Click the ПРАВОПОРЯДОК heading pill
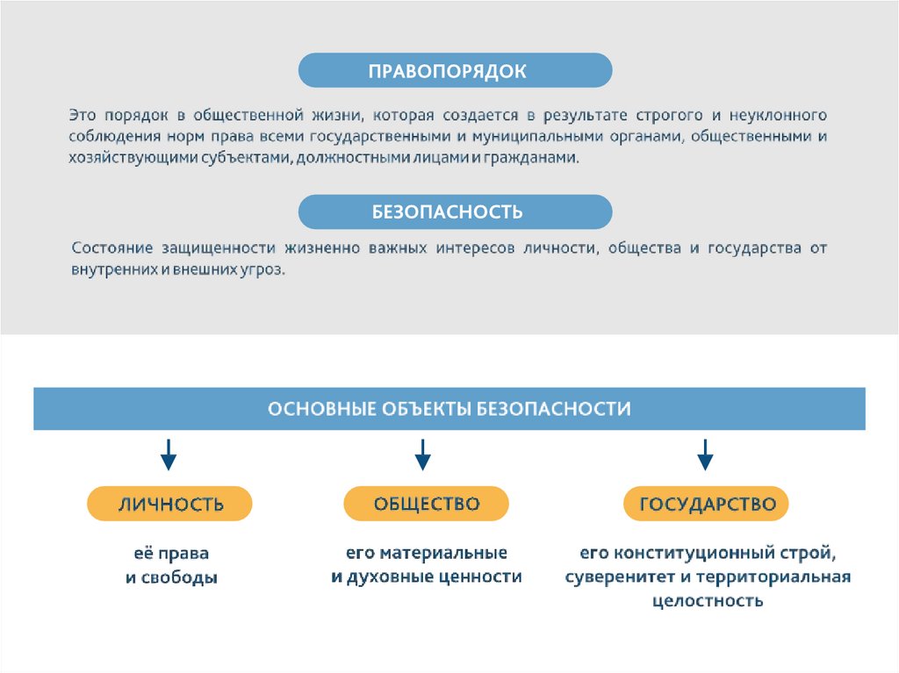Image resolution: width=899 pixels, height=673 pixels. (455, 70)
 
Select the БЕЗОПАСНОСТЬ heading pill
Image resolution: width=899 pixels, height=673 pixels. (455, 212)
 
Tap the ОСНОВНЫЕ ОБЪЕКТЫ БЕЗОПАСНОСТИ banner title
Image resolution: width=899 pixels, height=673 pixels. (449, 409)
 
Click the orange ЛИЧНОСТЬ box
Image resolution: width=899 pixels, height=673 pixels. (169, 504)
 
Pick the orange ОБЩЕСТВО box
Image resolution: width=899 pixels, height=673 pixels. (426, 504)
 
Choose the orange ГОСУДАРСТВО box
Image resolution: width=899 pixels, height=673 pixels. (707, 504)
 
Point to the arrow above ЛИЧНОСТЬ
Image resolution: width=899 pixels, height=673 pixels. (169, 454)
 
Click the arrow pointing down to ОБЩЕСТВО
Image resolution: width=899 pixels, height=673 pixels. (422, 454)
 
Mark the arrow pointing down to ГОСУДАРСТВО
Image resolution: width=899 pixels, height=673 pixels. (705, 454)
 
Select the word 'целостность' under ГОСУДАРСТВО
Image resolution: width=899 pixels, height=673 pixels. (708, 601)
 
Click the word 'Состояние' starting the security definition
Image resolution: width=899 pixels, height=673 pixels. (113, 248)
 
